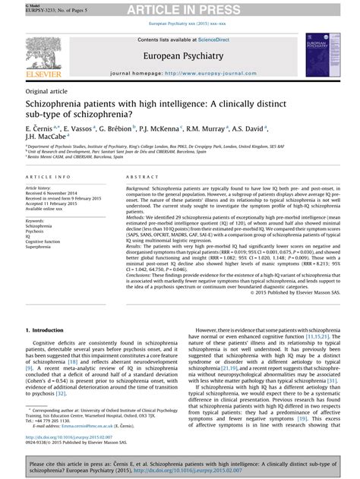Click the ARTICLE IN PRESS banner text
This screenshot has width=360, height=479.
click(179, 8)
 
